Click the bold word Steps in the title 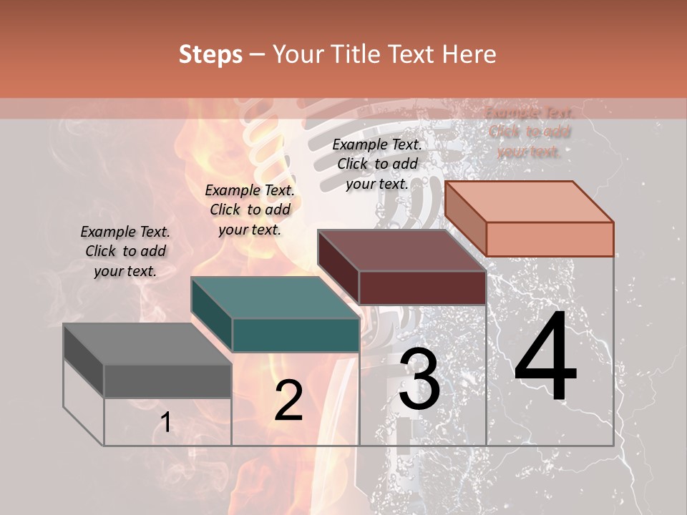pos(210,54)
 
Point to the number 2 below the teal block pos(288,401)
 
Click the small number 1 pos(165,423)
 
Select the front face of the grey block pos(167,381)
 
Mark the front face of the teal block pos(296,335)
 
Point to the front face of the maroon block pos(422,288)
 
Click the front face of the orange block pos(550,239)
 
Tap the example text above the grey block pos(125,251)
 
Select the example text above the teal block pos(249,210)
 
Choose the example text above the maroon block pos(377,164)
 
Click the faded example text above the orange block pos(529,132)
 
